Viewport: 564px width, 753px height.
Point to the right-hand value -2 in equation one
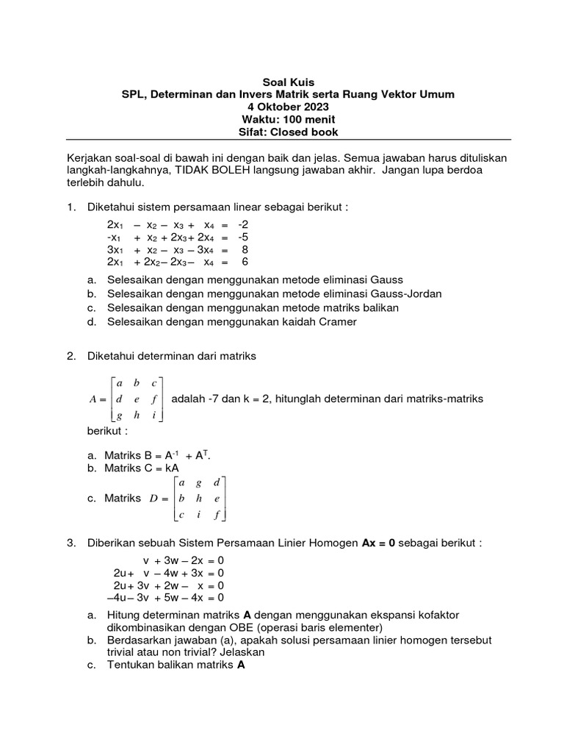[244, 224]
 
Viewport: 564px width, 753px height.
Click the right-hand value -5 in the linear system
[244, 237]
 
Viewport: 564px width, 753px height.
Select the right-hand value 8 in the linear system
[246, 249]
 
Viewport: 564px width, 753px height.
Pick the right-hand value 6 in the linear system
[246, 262]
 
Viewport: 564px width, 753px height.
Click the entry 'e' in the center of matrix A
[136, 399]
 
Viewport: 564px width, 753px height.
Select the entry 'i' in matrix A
[153, 415]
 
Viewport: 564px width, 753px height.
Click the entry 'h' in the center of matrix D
[200, 499]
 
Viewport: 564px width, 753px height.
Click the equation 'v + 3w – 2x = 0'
[184, 560]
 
